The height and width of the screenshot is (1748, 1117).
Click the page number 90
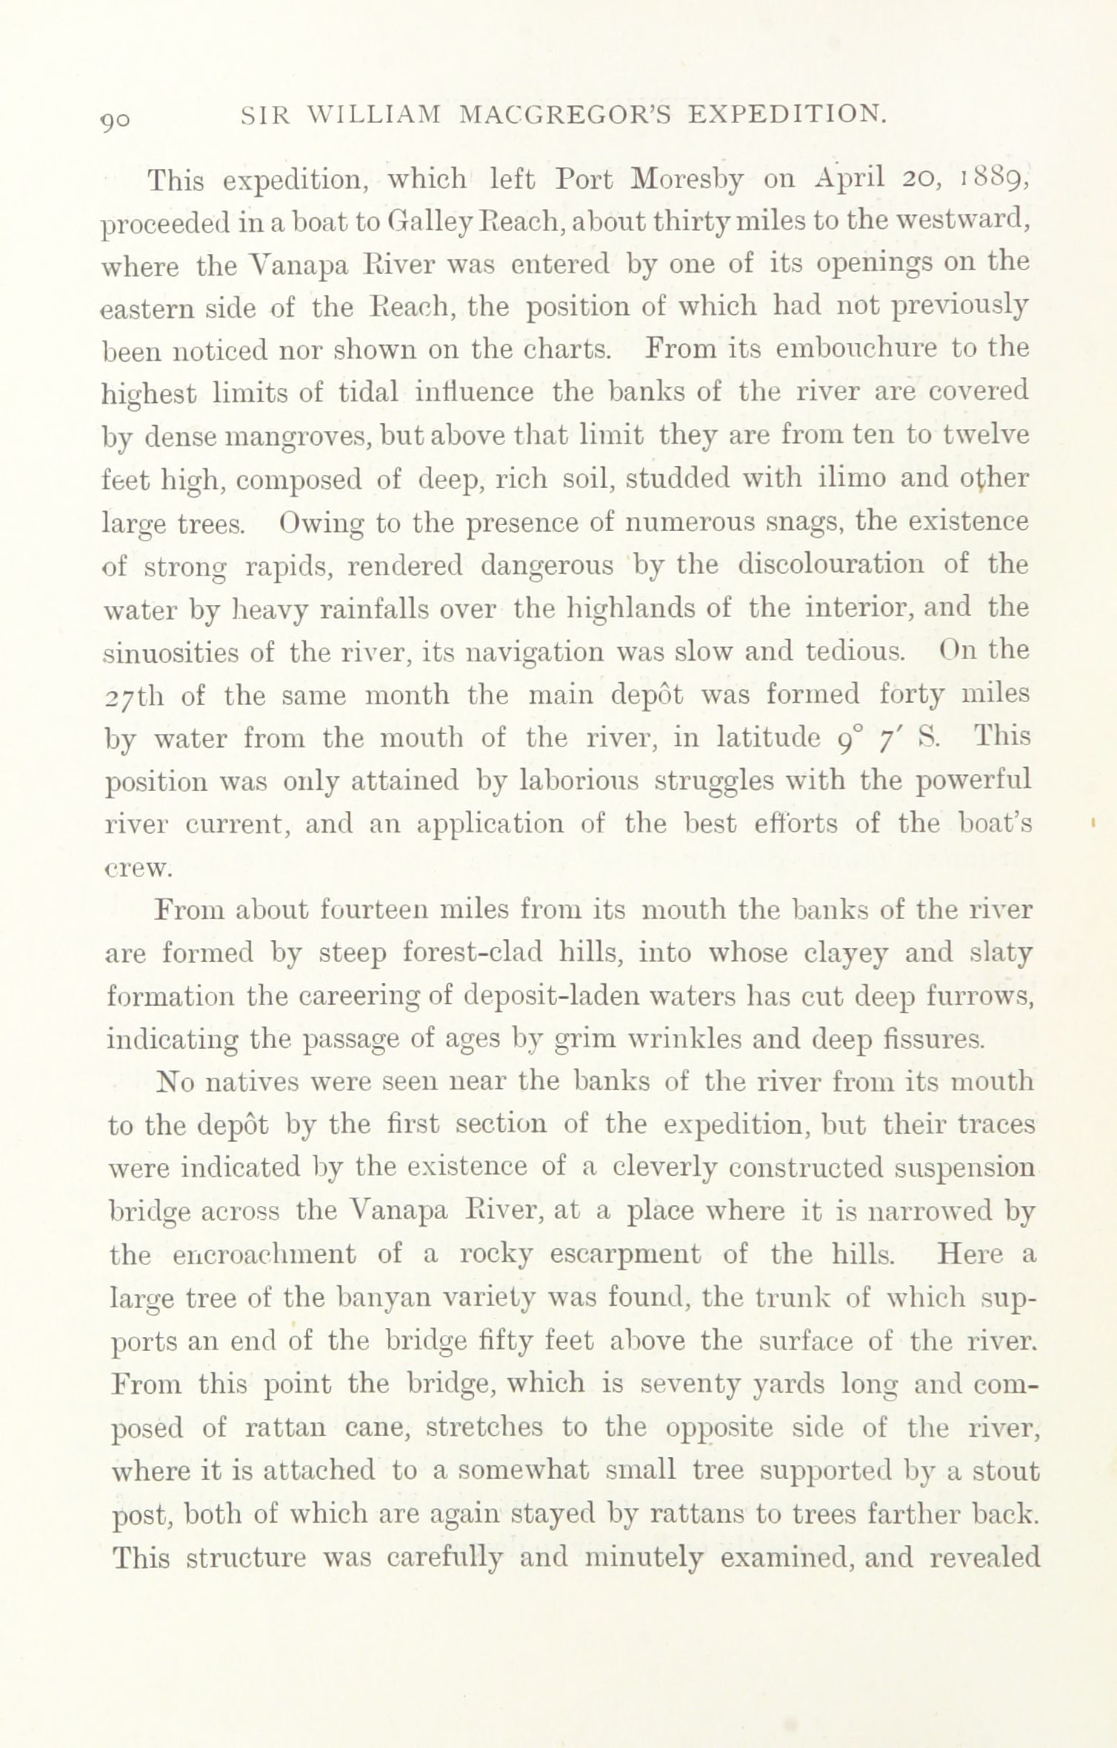click(x=116, y=119)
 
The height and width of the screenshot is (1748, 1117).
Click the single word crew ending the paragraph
click(x=138, y=868)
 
